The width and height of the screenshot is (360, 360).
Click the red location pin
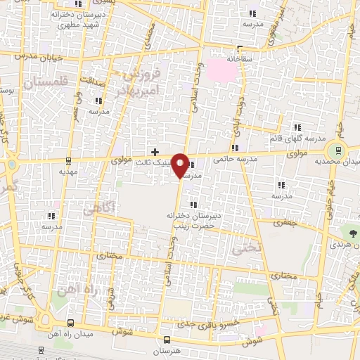click(x=181, y=166)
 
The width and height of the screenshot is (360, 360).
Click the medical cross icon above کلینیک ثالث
click(x=155, y=151)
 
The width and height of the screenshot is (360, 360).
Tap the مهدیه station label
click(x=68, y=171)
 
